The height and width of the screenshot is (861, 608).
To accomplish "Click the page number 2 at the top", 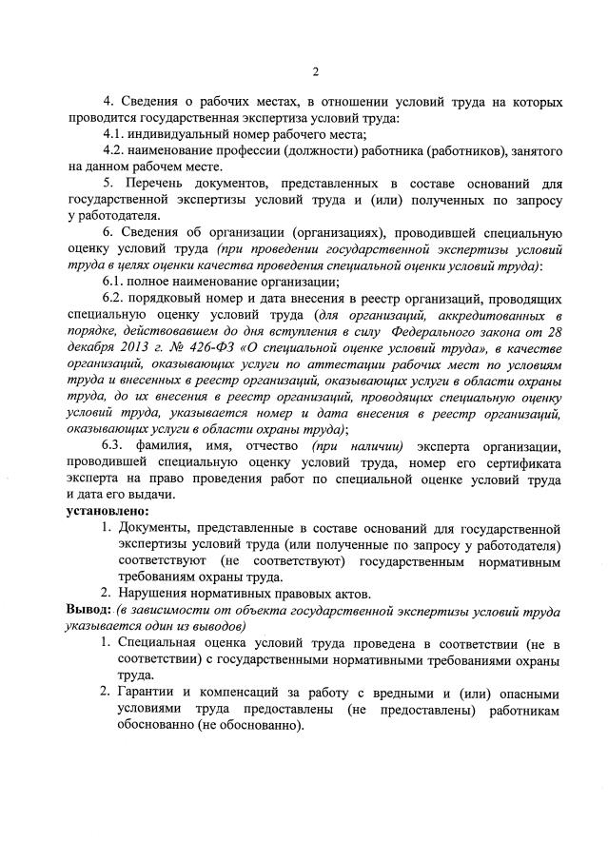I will click(314, 71).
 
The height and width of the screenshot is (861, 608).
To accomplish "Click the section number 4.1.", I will click(115, 133).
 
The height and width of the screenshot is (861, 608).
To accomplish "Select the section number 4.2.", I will click(115, 150).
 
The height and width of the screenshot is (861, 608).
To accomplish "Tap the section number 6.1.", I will click(115, 282).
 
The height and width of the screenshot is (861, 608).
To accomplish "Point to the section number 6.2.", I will click(115, 299).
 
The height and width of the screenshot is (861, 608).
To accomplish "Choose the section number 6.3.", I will click(115, 446).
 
